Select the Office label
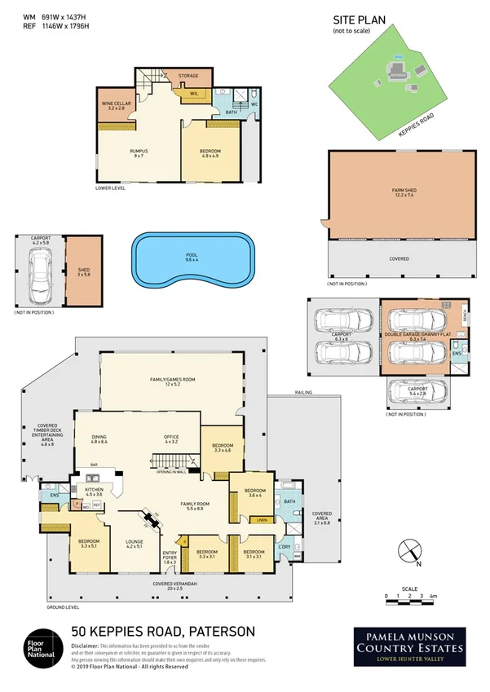pyautogui.click(x=170, y=439)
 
